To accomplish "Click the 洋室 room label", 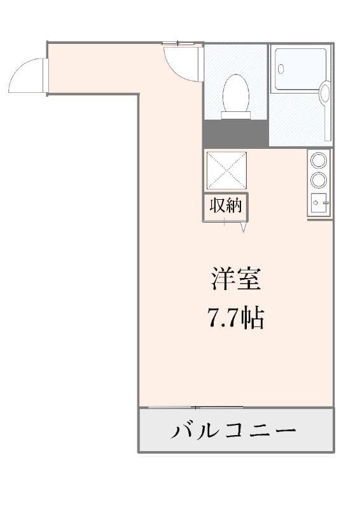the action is point(236,279).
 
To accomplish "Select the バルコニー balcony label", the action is point(233,431).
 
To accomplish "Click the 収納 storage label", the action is point(226,205).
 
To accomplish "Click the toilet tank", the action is point(236,116).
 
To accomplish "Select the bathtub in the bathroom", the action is point(300,69).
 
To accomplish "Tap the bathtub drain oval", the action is point(280,69).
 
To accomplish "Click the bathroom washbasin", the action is point(325,92).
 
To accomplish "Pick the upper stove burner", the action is point(319,160).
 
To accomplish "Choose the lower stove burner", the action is point(319,179).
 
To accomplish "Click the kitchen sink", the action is point(319,202).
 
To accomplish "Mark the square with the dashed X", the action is point(226,170).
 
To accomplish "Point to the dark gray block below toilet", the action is point(236,134).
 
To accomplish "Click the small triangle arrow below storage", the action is point(244,227).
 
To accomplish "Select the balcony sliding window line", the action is point(196,407).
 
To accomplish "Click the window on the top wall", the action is point(178,43).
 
